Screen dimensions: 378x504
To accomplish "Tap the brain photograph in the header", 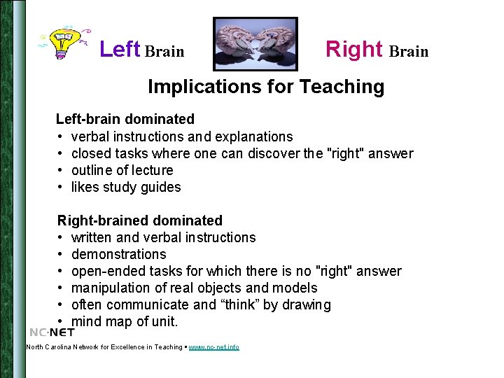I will (255, 44).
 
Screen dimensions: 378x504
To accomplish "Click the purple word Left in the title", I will (120, 50).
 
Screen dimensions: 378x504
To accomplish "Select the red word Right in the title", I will (354, 50).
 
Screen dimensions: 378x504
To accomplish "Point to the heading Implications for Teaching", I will (266, 87).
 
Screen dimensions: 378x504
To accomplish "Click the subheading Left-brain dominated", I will (125, 120).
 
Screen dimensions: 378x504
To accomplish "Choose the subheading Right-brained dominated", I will (140, 221).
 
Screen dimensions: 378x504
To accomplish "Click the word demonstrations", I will (119, 254).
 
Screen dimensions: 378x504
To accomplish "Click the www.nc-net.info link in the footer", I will (213, 347).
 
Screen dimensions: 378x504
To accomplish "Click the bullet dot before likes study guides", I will (61, 187).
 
